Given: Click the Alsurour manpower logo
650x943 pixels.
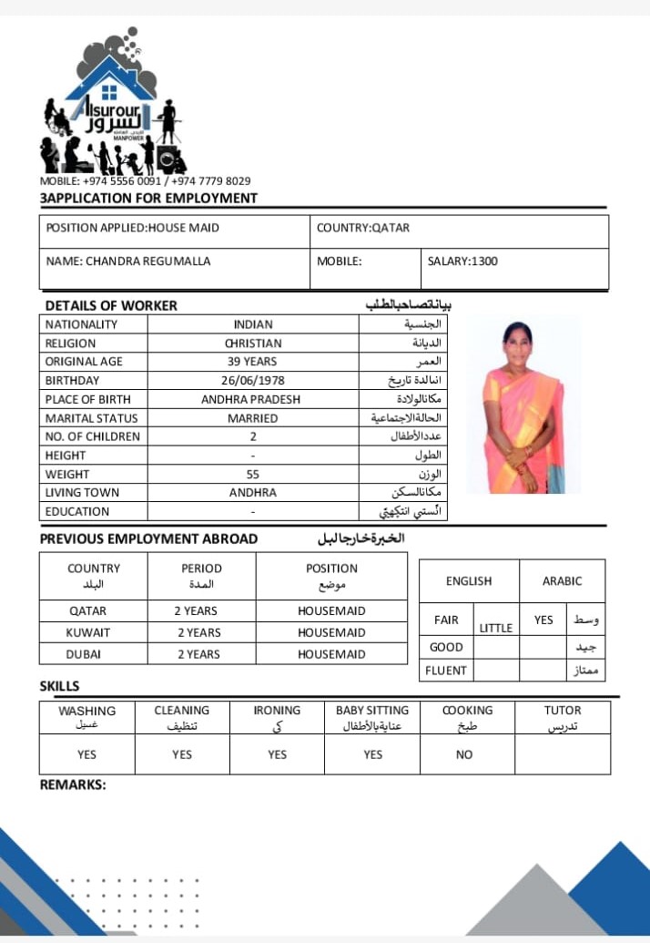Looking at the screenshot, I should pyautogui.click(x=109, y=105).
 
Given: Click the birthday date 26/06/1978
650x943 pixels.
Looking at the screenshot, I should pyautogui.click(x=252, y=381).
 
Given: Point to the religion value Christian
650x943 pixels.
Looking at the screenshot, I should pyautogui.click(x=252, y=343).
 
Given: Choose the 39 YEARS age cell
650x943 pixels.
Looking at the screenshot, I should pyautogui.click(x=252, y=362).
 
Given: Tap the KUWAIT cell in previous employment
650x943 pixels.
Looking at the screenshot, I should pyautogui.click(x=88, y=632).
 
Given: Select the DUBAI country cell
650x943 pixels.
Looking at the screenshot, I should pyautogui.click(x=85, y=654).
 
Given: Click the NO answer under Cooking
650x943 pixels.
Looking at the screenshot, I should pyautogui.click(x=464, y=754).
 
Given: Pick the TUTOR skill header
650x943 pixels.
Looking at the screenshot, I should pyautogui.click(x=563, y=711).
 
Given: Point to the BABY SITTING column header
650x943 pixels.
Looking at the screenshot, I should pyautogui.click(x=372, y=711).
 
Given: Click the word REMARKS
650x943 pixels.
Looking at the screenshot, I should pyautogui.click(x=73, y=784).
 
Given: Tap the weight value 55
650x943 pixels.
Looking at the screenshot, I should pyautogui.click(x=252, y=474).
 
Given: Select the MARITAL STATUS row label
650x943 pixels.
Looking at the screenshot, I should pyautogui.click(x=92, y=418).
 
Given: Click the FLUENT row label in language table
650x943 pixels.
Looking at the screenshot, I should pyautogui.click(x=446, y=671).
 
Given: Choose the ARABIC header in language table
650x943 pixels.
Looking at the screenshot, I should pyautogui.click(x=562, y=581).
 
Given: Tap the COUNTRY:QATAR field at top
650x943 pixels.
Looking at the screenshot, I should pyautogui.click(x=363, y=228).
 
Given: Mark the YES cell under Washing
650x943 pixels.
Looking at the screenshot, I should pyautogui.click(x=87, y=754).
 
